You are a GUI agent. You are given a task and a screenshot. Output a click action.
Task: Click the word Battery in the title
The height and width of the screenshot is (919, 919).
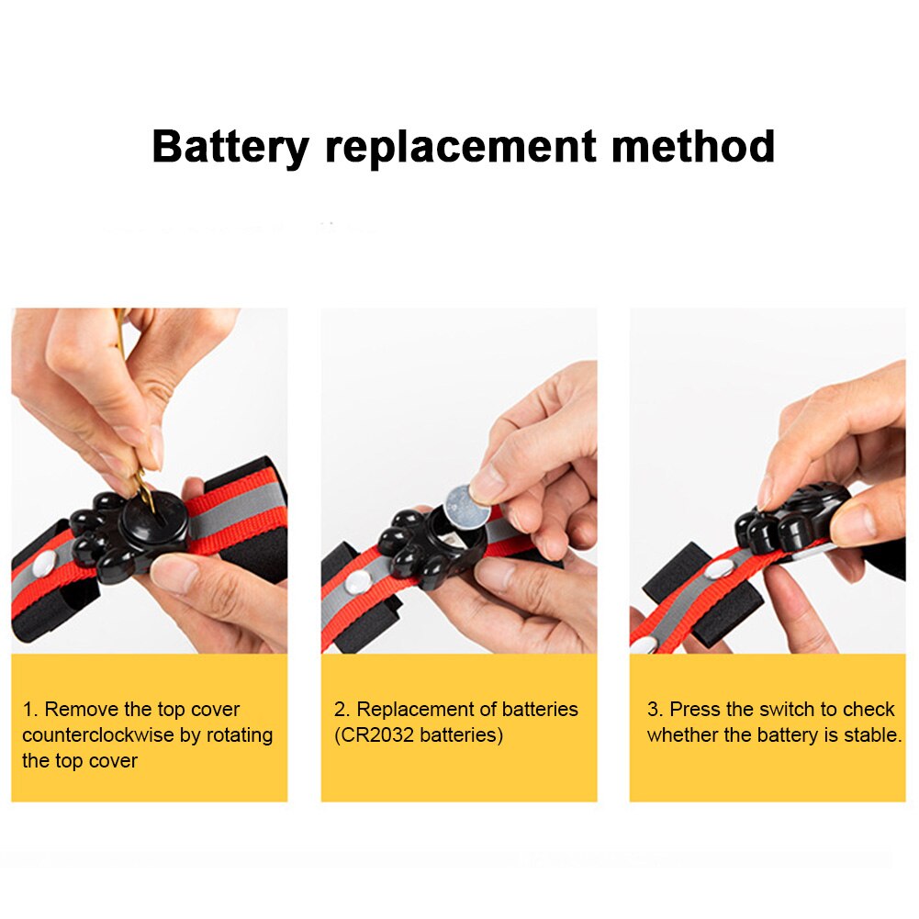pyautogui.click(x=230, y=146)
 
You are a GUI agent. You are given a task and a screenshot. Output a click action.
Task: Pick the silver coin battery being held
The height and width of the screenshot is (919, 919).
pyautogui.click(x=467, y=505)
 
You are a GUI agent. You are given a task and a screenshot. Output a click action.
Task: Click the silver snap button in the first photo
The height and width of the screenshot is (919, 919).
pyautogui.click(x=46, y=564)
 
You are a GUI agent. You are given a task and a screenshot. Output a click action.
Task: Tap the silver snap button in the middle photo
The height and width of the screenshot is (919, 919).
pyautogui.click(x=357, y=582)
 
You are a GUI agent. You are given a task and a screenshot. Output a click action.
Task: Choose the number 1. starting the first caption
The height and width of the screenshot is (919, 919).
pyautogui.click(x=30, y=709)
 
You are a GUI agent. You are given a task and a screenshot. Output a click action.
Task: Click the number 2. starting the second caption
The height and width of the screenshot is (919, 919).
pyautogui.click(x=342, y=709)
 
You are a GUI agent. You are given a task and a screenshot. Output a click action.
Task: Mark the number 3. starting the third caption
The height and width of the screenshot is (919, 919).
pyautogui.click(x=655, y=709)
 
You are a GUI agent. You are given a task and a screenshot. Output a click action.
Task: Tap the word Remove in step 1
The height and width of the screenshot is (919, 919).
pyautogui.click(x=82, y=709)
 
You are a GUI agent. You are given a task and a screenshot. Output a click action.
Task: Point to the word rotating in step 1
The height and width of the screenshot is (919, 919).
pyautogui.click(x=240, y=735)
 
